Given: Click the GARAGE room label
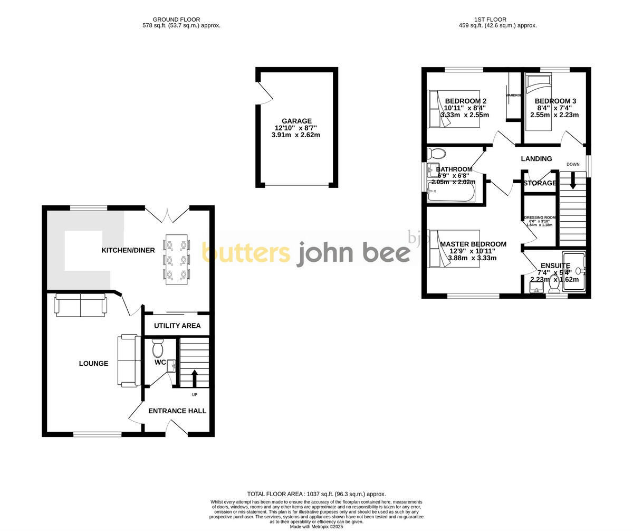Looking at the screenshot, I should (x=296, y=121).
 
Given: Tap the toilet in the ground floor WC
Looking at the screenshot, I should (x=158, y=348).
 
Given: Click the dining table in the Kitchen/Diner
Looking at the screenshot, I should (x=176, y=259).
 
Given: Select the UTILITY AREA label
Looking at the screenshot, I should (x=177, y=326).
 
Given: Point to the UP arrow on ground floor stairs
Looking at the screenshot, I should (x=194, y=378).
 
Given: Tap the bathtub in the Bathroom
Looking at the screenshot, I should (x=450, y=193).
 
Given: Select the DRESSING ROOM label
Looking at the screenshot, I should (x=540, y=217).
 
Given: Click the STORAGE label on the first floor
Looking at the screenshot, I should (x=540, y=183).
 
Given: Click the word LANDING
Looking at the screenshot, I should (x=536, y=159).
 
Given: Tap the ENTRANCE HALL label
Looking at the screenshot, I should (x=177, y=411).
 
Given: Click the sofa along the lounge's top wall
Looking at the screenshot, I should (x=81, y=306).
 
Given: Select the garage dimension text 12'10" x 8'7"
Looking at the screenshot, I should (x=295, y=128).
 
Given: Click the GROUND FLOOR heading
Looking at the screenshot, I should (x=176, y=20).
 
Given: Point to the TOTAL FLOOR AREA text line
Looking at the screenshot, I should (x=316, y=494).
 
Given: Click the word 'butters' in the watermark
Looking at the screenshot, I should (x=246, y=253).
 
